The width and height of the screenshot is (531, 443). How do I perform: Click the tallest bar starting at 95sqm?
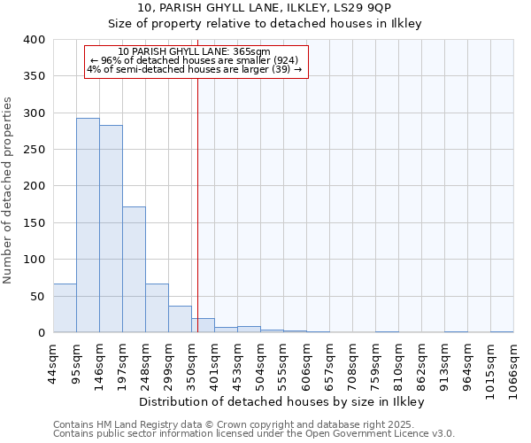88,225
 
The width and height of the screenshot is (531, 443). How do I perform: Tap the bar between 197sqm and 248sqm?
134,269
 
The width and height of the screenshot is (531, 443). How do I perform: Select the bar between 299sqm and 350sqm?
180,319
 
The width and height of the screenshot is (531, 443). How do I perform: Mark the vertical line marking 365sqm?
197,204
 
